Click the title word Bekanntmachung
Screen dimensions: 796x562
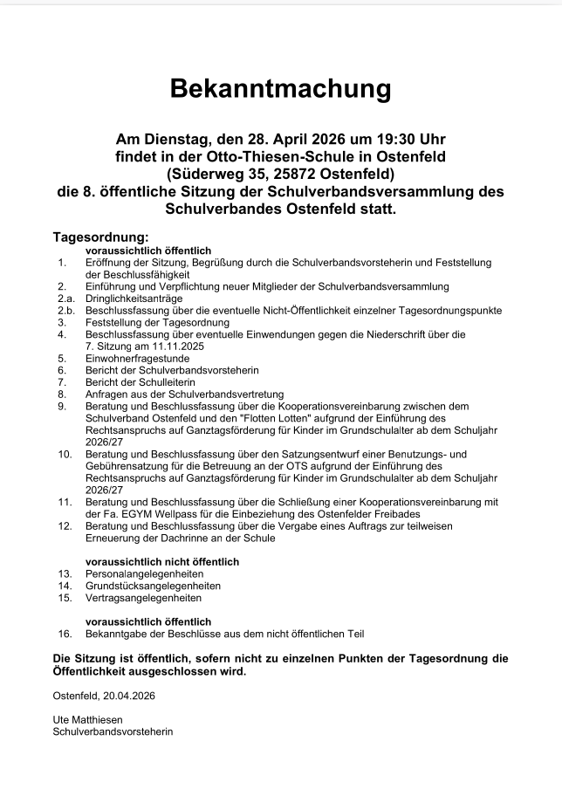(280, 88)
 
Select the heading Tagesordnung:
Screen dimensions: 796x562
(101, 237)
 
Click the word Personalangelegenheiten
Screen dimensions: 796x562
(144, 574)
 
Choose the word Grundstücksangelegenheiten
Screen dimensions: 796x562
(153, 586)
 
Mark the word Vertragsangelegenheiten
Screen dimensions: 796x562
(143, 598)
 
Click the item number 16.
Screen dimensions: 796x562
(64, 634)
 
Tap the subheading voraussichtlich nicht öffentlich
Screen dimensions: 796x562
(162, 561)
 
